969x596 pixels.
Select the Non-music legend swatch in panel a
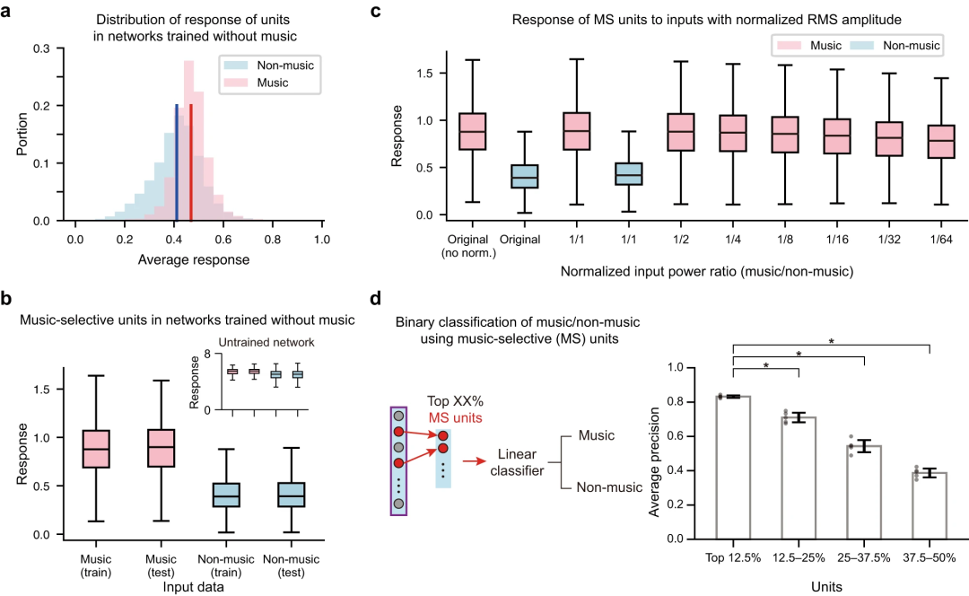[233, 66]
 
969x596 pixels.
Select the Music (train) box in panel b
[95, 449]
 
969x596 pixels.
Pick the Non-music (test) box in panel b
[292, 495]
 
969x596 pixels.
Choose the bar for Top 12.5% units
[733, 467]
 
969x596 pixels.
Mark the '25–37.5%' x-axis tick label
[864, 557]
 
